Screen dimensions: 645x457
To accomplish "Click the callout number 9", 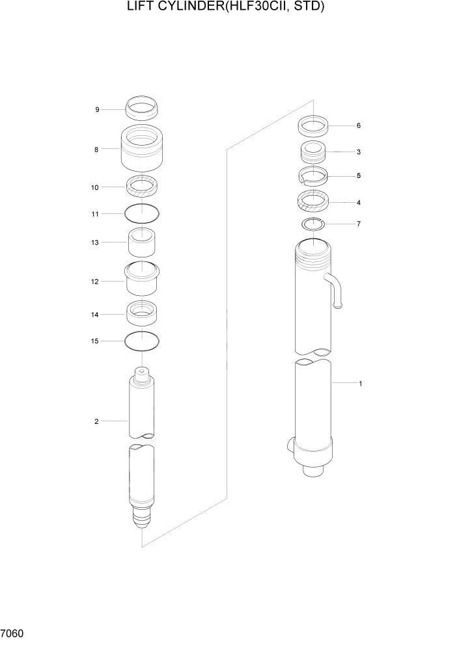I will pos(98,110).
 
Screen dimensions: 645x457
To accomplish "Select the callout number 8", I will pos(96,150).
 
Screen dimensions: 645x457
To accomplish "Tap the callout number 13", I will pos(95,243).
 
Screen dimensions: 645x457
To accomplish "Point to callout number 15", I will pos(95,341).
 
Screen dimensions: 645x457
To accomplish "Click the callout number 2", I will pos(96,421).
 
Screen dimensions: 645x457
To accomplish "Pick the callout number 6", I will pos(358,125).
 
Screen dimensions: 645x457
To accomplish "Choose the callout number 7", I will pos(358,224).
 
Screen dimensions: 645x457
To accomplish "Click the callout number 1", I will pos(360,384).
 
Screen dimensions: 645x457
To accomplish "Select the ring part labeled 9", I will pos(141,107).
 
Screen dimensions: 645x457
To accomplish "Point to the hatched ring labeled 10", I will pos(141,187).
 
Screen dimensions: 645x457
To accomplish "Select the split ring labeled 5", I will pos(312,176).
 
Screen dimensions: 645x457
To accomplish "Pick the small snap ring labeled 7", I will pos(312,224).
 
